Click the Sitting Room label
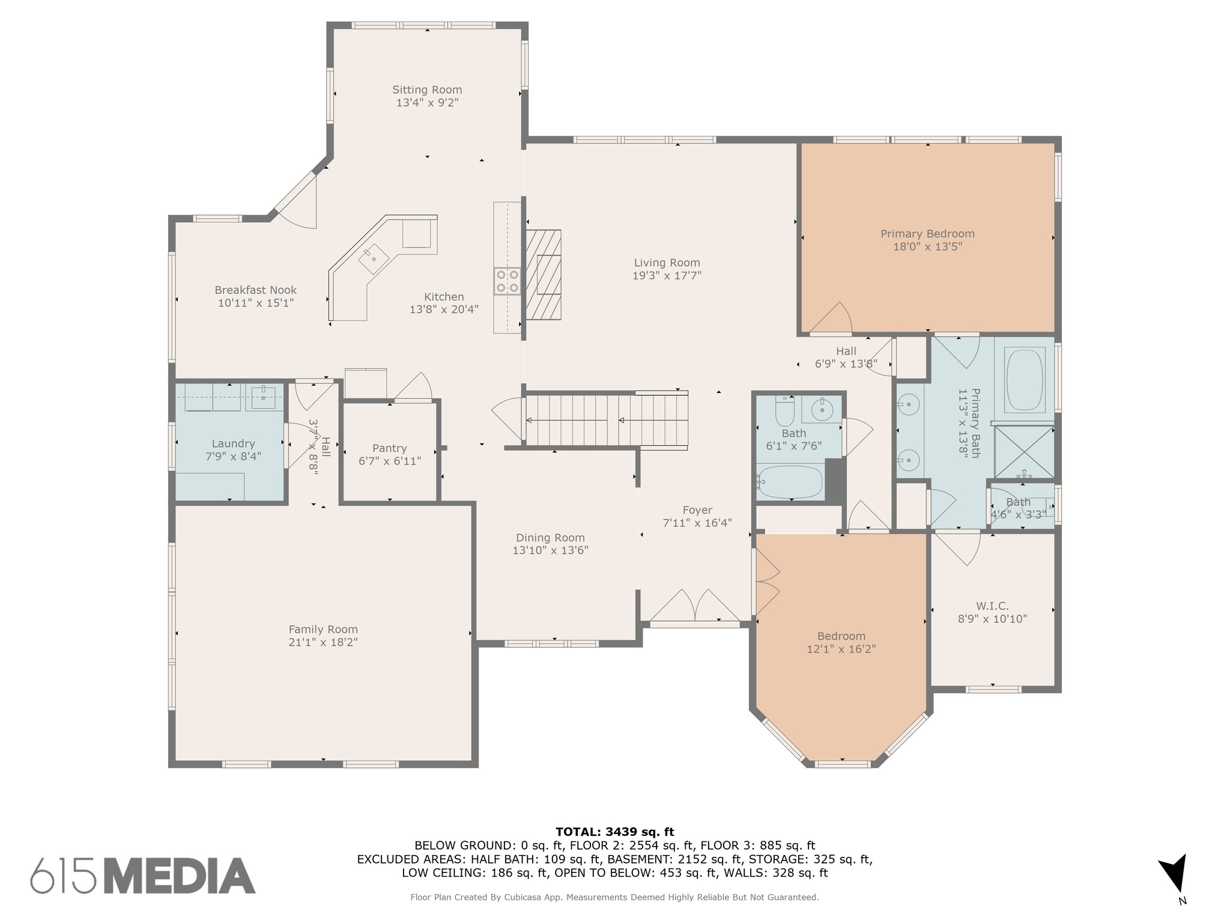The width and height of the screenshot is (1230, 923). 427,90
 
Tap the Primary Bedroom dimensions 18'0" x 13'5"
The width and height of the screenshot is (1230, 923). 927,247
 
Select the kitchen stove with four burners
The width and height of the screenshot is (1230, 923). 507,281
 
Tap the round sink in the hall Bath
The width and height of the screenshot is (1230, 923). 822,410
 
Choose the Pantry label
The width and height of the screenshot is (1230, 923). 390,448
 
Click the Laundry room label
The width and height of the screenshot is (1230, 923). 233,444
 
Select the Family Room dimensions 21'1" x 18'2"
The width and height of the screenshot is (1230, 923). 323,642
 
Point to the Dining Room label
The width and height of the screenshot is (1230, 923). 550,538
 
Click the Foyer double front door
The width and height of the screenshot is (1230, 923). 695,605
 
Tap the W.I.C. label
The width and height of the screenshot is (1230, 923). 992,606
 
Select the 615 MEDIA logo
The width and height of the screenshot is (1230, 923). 143,875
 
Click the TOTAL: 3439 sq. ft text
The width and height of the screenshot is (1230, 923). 615,832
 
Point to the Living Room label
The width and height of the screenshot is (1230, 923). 667,263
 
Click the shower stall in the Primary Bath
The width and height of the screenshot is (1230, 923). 1025,452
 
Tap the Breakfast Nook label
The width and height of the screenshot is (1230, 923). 256,290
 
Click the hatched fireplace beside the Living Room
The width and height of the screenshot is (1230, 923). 544,275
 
